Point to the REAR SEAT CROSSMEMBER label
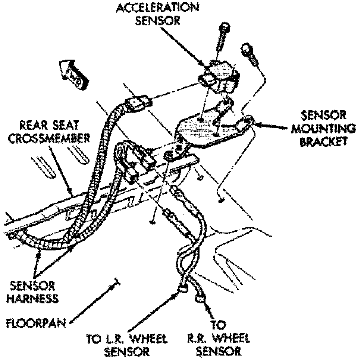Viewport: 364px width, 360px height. coord(49,132)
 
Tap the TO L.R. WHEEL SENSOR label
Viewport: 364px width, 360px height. coord(127,345)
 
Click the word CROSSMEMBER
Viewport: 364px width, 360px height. coord(49,138)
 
